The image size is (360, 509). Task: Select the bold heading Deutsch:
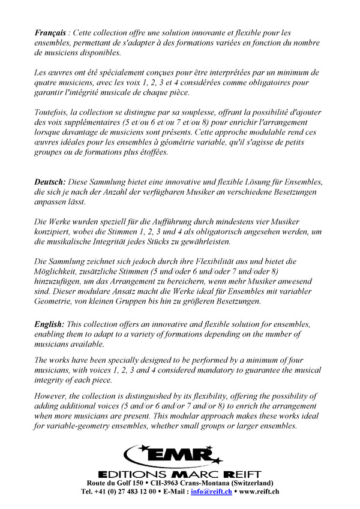tap(50, 182)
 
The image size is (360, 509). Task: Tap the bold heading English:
tap(49, 324)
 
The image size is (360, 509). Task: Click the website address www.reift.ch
tap(259, 492)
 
